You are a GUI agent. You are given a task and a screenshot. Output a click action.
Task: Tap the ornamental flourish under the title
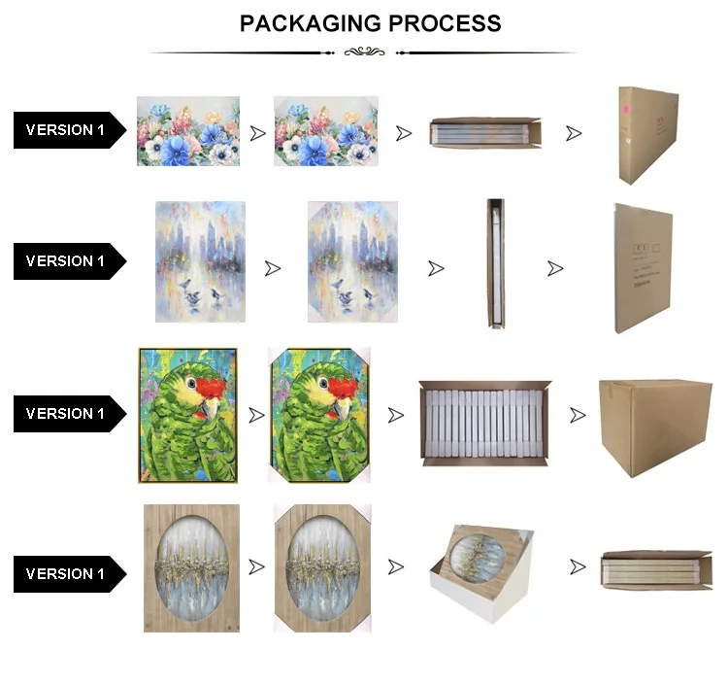365,51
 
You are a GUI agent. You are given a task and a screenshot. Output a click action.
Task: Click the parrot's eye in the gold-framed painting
195,385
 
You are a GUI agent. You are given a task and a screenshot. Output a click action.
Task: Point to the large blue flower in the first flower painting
179,142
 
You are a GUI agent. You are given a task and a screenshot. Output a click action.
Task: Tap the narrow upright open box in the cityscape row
496,263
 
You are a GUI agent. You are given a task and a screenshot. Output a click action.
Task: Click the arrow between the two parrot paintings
256,415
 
